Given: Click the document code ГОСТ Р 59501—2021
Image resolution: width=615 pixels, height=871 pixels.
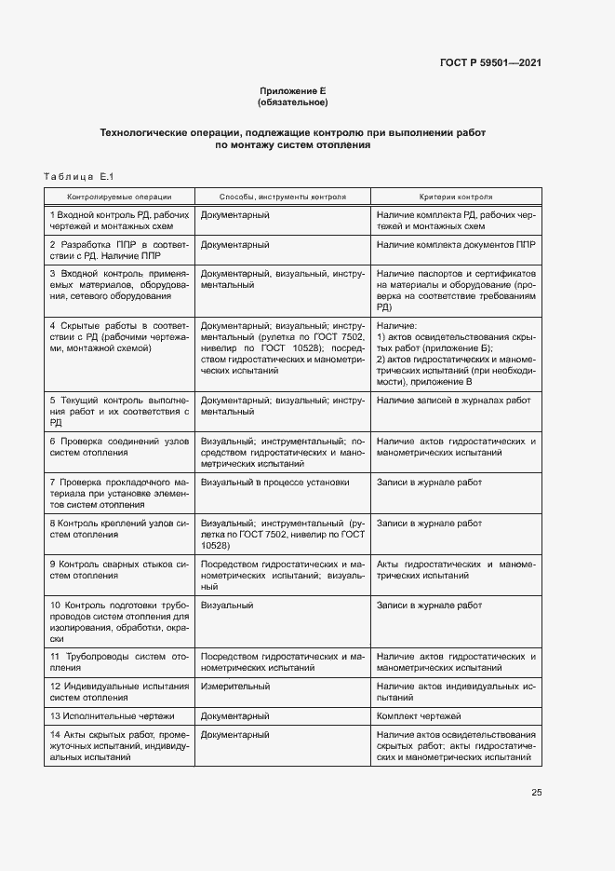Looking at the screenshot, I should click(x=490, y=62).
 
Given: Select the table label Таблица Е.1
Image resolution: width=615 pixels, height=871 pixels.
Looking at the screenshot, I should click(x=78, y=177).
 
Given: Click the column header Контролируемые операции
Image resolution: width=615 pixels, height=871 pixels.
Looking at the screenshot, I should click(x=119, y=197).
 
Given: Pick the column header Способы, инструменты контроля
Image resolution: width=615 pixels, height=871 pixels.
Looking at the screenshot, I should click(x=282, y=197).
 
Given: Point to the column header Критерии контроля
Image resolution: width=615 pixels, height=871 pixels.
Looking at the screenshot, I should click(x=456, y=197).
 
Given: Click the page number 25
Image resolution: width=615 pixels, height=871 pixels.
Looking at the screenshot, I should click(x=536, y=793).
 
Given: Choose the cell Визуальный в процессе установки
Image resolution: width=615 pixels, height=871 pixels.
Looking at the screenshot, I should click(x=275, y=483).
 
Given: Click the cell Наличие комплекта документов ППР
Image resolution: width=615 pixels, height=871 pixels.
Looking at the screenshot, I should click(x=456, y=244).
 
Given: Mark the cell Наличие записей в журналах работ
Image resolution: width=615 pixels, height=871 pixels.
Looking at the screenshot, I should click(x=454, y=400).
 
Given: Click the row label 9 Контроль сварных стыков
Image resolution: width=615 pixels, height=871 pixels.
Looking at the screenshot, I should click(x=119, y=570).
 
